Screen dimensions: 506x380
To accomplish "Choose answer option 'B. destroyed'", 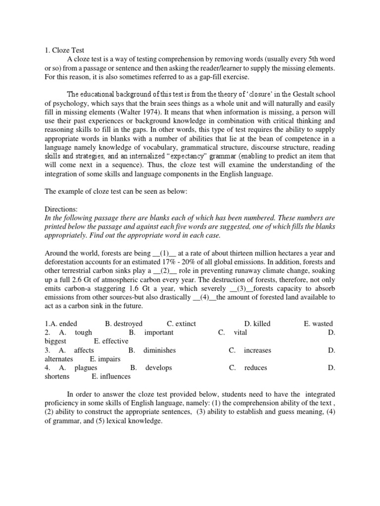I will pyautogui.click(x=124, y=324).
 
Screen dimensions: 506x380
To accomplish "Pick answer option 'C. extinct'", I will pyautogui.click(x=182, y=324).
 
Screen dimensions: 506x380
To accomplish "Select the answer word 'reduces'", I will pyautogui.click(x=255, y=368).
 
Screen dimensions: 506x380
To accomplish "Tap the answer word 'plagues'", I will pyautogui.click(x=86, y=368).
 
